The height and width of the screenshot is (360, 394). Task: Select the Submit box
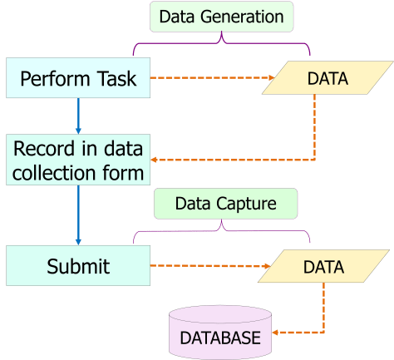77,267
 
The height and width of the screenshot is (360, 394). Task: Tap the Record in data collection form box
78,161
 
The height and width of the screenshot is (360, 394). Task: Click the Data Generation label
220,16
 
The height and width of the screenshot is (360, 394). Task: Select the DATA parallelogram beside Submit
323,267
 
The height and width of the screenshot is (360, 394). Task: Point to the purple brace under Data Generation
220,42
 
